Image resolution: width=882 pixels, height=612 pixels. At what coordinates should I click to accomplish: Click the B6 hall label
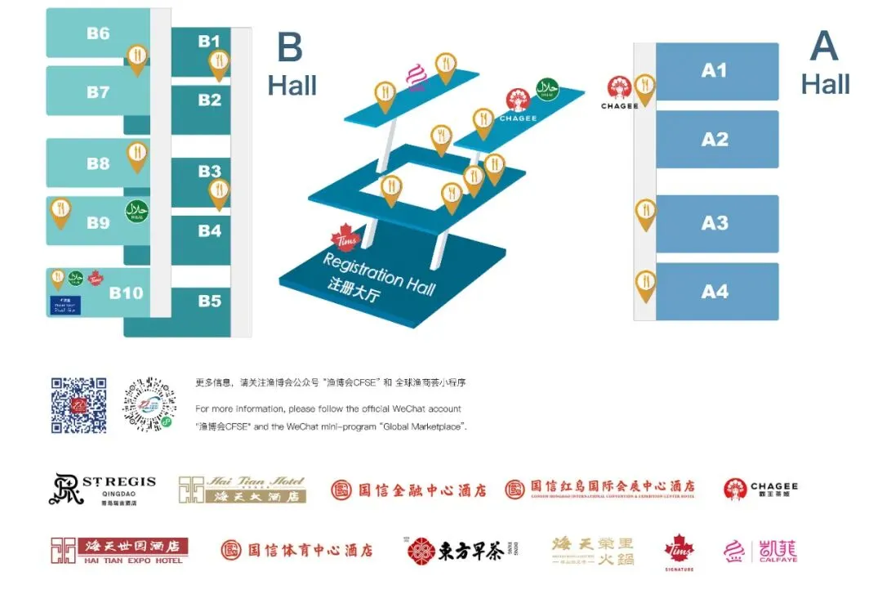tap(98, 34)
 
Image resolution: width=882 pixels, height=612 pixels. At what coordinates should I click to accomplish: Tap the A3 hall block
tap(715, 223)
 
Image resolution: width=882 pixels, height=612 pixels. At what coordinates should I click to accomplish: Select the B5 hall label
tap(210, 301)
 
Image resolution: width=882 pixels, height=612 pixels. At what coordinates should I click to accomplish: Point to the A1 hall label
tap(715, 70)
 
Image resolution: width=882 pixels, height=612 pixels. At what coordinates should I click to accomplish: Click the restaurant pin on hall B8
tap(136, 154)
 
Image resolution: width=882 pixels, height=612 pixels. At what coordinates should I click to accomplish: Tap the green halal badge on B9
tap(136, 212)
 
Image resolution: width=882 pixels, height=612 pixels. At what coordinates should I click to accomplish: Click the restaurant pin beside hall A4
tap(646, 285)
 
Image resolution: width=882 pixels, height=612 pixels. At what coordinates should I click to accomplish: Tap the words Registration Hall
tap(380, 273)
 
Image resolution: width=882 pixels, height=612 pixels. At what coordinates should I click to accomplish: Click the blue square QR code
tap(78, 404)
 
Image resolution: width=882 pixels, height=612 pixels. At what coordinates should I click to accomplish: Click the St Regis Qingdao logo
tap(101, 489)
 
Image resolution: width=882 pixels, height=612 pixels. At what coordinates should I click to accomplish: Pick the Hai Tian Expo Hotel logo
tap(119, 551)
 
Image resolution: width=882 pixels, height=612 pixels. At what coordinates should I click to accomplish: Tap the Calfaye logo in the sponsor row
tap(760, 551)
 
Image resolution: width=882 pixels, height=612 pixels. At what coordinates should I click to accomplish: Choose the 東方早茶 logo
tap(456, 552)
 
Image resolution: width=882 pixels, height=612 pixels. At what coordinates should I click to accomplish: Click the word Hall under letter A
tap(825, 84)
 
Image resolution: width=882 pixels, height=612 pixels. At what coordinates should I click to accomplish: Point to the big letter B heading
tap(290, 47)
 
